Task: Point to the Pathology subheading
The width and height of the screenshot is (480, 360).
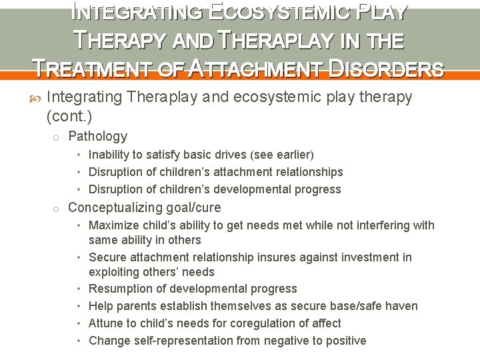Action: coord(97,136)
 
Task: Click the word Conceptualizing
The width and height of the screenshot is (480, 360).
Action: coord(117,207)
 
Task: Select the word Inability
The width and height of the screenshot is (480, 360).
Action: coord(111,155)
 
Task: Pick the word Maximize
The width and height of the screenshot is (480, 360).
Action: coord(113,225)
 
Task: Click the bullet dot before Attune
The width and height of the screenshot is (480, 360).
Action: coord(79,323)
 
